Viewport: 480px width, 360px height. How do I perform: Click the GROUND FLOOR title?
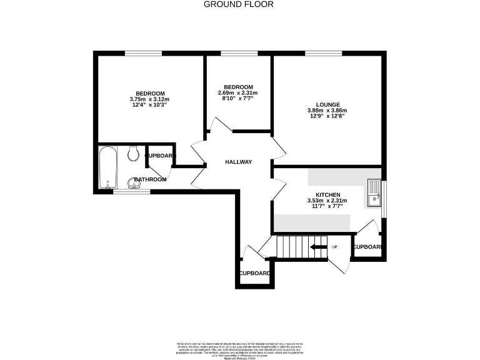point(239,4)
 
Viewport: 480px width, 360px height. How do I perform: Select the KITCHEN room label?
point(327,194)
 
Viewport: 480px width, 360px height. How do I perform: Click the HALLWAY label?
point(239,162)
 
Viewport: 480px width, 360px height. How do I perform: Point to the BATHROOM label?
point(150,180)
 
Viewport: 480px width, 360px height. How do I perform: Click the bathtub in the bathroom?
point(107,167)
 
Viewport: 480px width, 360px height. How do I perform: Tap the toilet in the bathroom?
point(132,152)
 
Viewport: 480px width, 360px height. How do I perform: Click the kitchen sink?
point(374,192)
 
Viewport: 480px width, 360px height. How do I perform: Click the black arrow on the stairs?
point(319,247)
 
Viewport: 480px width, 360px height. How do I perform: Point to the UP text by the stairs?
point(334,247)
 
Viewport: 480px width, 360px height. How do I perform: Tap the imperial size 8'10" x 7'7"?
point(238,99)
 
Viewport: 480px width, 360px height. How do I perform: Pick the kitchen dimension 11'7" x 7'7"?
point(327,206)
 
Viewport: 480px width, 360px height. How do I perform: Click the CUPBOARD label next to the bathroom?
point(160,155)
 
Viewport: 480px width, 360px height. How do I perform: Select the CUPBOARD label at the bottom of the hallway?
point(254,273)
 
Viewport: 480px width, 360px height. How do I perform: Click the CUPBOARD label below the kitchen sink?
point(367,247)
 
